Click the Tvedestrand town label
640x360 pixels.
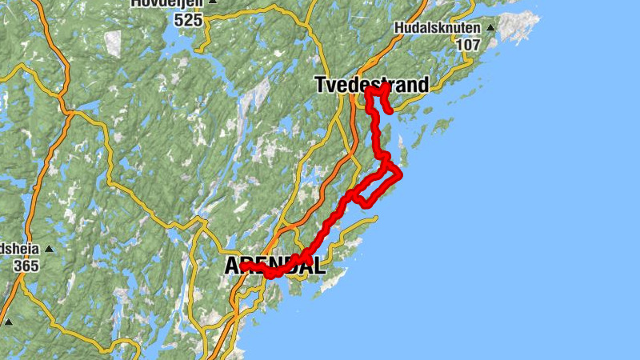click(x=372, y=84)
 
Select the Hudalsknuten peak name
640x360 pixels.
click(x=437, y=28)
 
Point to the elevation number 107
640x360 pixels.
click(x=468, y=45)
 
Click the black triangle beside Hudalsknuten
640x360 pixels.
click(x=490, y=28)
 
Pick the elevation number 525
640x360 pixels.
click(x=188, y=20)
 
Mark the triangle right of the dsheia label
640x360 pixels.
click(x=48, y=248)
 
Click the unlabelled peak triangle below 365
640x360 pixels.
click(x=8, y=322)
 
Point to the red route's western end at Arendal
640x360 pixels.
click(x=242, y=265)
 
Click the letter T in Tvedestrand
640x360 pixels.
click(x=321, y=84)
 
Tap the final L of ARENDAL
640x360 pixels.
click(x=319, y=266)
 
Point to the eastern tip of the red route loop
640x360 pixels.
click(x=399, y=174)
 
